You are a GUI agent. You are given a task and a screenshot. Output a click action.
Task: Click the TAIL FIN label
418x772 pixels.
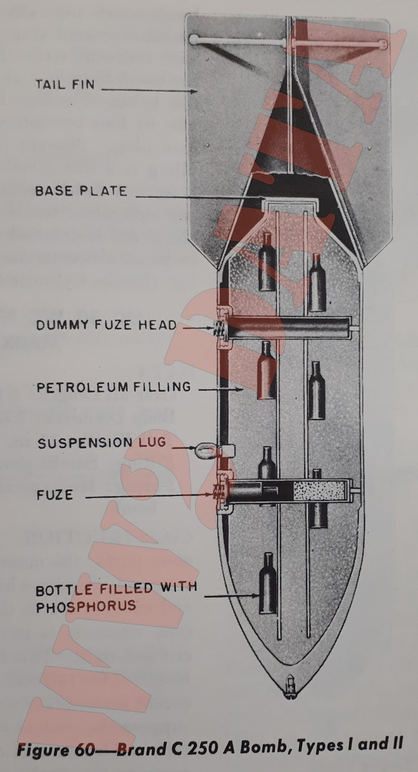[x=65, y=85]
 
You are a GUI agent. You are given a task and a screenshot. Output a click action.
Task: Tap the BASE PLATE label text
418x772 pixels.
[x=81, y=191]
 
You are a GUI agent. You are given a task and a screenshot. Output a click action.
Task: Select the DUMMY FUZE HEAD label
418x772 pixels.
[x=106, y=324]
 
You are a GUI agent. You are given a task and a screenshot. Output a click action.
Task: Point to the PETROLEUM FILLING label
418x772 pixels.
[x=114, y=387]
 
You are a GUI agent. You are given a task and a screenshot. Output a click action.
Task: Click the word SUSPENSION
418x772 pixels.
[x=85, y=443]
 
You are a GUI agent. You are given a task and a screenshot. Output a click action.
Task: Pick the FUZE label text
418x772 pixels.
[x=55, y=495]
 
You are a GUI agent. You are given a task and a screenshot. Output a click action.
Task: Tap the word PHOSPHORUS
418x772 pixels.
[x=86, y=606]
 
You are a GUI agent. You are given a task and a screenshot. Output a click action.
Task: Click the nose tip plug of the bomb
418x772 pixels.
[x=291, y=685]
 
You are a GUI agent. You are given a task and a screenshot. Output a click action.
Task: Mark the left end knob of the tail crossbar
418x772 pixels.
[x=194, y=38]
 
